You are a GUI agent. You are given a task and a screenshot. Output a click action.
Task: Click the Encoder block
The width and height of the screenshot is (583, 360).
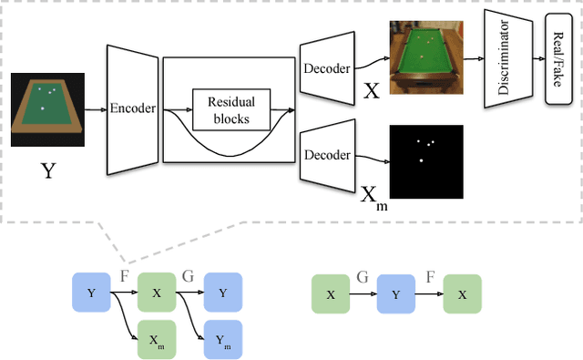pyautogui.click(x=133, y=108)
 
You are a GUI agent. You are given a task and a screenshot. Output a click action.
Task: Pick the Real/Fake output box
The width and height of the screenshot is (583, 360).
pyautogui.click(x=557, y=60)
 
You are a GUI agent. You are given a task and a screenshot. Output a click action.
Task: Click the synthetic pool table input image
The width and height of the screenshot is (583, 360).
pyautogui.click(x=47, y=109)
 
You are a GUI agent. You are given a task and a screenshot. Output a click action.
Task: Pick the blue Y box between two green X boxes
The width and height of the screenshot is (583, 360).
pyautogui.click(x=396, y=294)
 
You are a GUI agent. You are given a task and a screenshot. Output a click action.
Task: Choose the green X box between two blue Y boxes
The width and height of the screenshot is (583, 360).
pyautogui.click(x=157, y=293)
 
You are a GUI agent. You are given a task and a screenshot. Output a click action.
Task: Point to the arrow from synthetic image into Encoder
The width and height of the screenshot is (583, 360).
pyautogui.click(x=97, y=109)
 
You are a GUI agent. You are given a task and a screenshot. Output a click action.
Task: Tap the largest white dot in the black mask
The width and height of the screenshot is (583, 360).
pyautogui.click(x=421, y=160)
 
